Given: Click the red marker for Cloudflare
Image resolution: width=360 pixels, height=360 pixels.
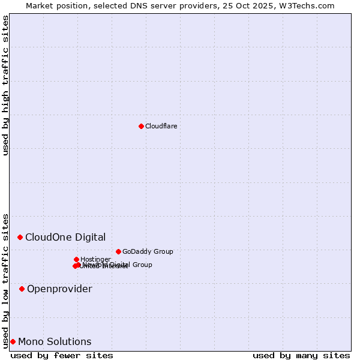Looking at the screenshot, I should [141, 126].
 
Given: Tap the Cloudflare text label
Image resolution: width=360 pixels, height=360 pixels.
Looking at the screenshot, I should [161, 126].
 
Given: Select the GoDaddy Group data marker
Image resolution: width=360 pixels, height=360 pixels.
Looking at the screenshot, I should [118, 251].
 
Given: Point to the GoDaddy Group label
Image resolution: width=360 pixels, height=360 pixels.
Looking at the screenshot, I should [148, 251].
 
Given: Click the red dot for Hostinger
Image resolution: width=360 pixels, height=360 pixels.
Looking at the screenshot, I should [76, 259].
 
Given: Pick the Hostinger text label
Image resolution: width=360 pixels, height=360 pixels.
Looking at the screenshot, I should [95, 259].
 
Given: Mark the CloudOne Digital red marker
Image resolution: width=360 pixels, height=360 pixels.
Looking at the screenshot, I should [20, 237].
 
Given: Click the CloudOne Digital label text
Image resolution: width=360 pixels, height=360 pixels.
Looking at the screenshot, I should [65, 237].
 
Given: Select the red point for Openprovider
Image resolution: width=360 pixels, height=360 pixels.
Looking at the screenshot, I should [22, 289].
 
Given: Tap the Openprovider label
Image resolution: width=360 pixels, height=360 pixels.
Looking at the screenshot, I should [59, 289].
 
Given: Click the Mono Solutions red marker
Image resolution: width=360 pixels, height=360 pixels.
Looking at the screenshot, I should [13, 341].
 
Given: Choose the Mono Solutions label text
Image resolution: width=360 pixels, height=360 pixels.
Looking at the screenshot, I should [55, 342].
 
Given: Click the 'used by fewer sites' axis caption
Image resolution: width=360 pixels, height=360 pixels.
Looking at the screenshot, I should [62, 355].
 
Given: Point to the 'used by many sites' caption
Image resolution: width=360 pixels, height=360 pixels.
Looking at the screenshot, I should [301, 355].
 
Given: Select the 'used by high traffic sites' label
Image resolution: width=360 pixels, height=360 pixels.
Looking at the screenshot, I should [6, 85].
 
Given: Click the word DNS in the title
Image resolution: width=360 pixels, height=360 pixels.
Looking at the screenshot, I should [140, 5].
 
